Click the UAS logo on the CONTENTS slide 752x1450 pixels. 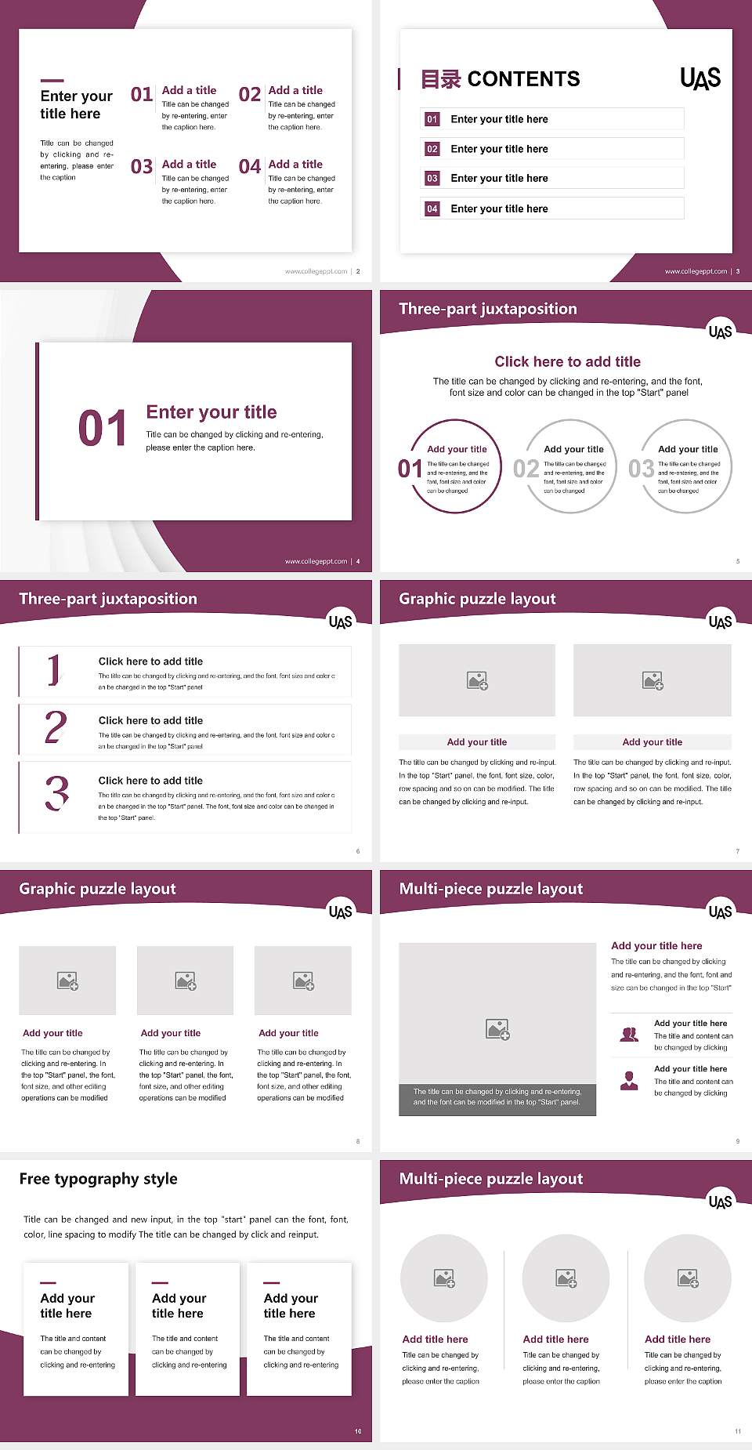700,78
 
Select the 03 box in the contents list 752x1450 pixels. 432,179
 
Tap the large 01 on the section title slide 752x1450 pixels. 103,429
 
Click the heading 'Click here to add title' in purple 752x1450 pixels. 567,361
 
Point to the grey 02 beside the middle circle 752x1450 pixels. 526,469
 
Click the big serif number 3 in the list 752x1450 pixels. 56,793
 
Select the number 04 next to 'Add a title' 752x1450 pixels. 250,167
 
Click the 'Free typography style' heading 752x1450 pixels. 98,1179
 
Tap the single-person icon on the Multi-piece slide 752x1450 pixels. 629,1081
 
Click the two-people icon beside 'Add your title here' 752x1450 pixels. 629,1035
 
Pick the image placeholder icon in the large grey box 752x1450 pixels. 497,1029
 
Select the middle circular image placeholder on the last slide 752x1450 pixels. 566,1278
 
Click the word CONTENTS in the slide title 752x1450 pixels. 523,79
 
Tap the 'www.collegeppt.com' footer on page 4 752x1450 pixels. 316,561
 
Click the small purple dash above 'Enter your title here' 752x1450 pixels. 52,80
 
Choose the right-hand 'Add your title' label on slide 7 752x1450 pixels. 652,742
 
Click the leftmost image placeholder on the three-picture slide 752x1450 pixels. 67,981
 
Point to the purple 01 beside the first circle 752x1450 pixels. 410,469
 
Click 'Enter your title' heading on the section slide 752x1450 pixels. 211,412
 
